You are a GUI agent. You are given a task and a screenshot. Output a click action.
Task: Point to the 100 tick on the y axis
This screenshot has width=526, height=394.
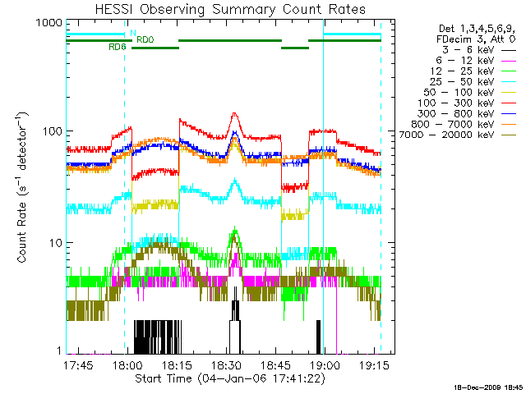51,131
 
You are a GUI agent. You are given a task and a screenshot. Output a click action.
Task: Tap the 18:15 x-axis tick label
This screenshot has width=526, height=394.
178,364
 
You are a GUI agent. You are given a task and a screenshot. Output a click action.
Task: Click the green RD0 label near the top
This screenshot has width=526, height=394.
145,39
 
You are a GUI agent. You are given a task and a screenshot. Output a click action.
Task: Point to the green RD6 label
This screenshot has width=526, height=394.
118,48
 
